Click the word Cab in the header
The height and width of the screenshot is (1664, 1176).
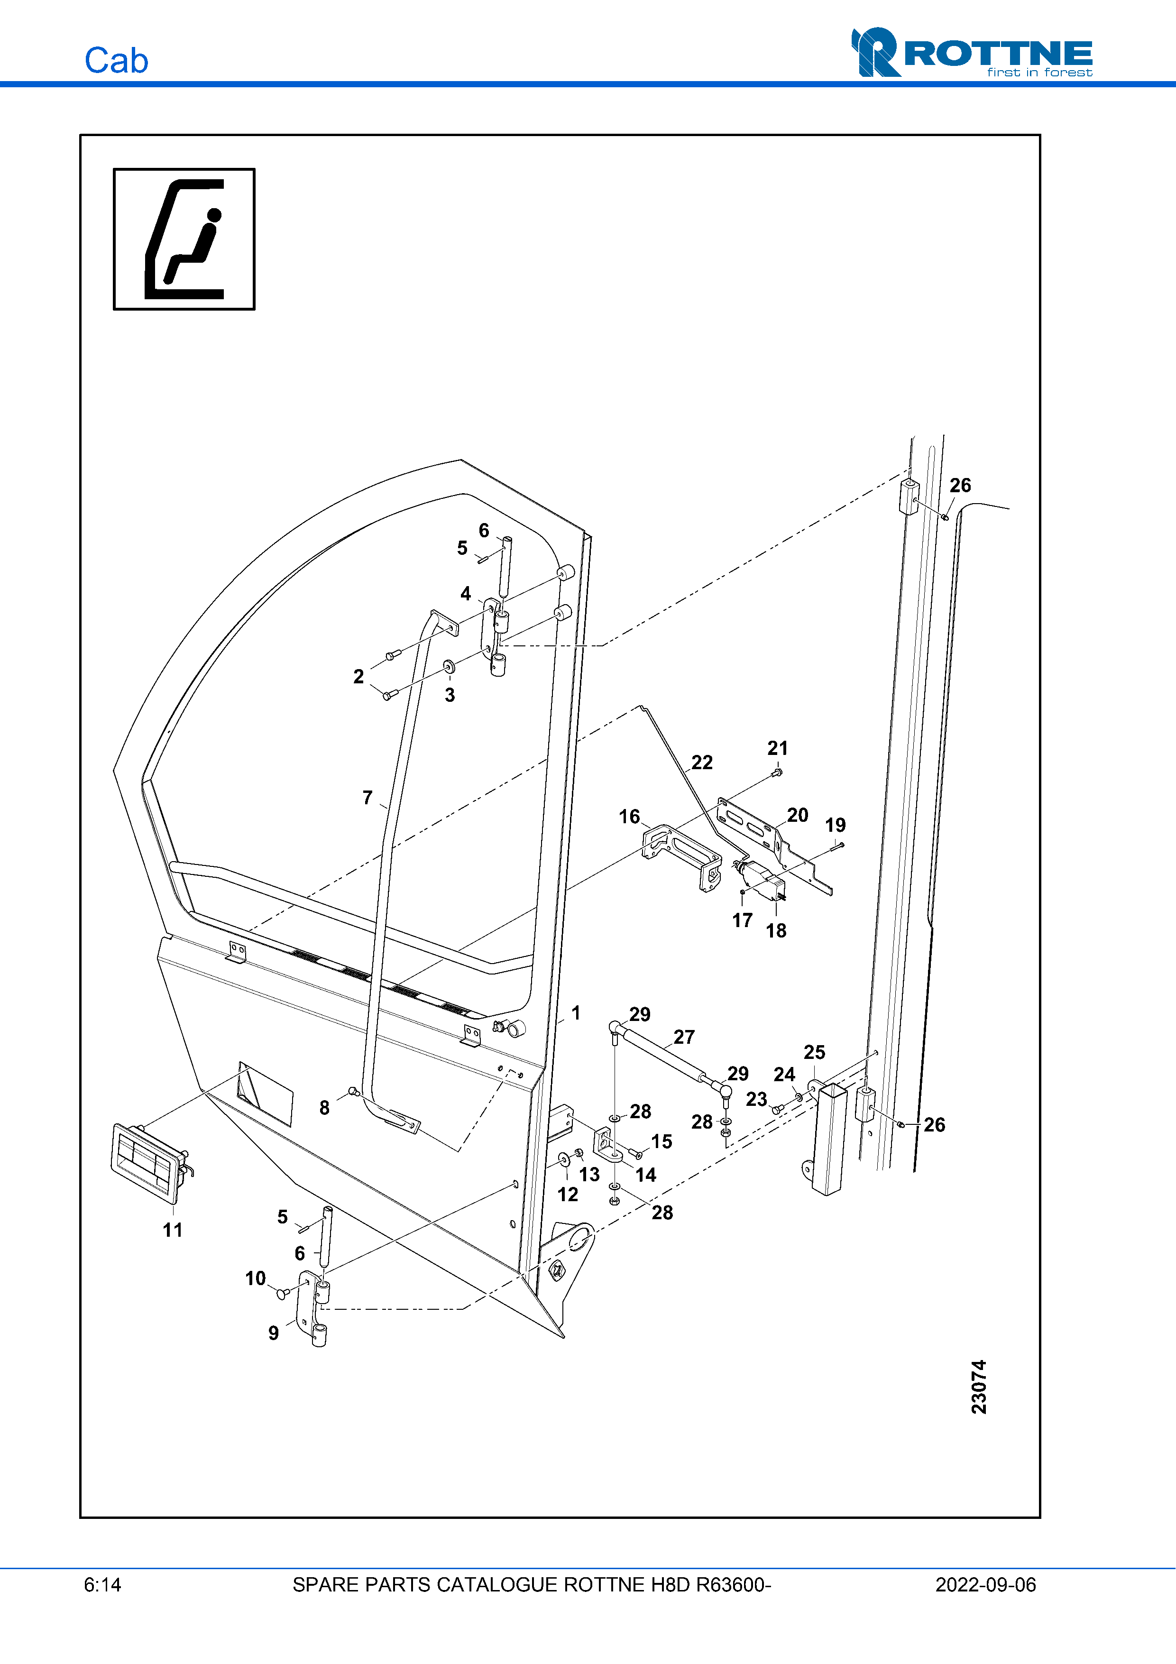pyautogui.click(x=117, y=61)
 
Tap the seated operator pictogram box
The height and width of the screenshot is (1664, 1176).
pyautogui.click(x=184, y=239)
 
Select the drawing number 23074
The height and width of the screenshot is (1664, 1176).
pyautogui.click(x=979, y=1387)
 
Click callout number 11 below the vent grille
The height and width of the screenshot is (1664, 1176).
pyautogui.click(x=173, y=1230)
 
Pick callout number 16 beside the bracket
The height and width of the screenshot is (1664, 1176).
pyautogui.click(x=629, y=817)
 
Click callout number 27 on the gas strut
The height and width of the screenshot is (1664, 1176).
pyautogui.click(x=684, y=1037)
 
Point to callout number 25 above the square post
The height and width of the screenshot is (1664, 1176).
pyautogui.click(x=815, y=1052)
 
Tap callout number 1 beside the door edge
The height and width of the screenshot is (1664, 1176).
pyautogui.click(x=576, y=1013)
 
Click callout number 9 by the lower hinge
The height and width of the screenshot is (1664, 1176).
pyautogui.click(x=273, y=1333)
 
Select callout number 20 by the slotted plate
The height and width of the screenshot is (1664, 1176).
pyautogui.click(x=797, y=815)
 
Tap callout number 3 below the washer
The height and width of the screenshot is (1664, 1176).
pyautogui.click(x=450, y=695)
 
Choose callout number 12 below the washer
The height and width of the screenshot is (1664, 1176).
pyautogui.click(x=567, y=1195)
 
